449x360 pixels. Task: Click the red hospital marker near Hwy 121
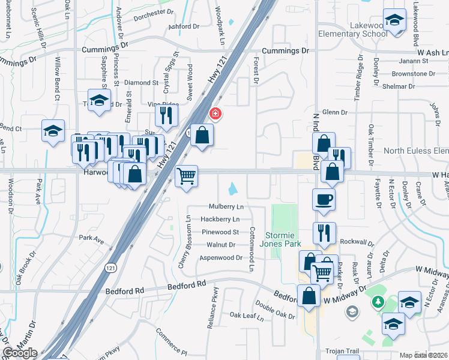point(214,113)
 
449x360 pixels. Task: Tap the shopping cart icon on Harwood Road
point(187,176)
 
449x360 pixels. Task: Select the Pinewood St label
point(220,232)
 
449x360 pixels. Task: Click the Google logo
point(19,353)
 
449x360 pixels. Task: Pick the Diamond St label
point(141,83)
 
